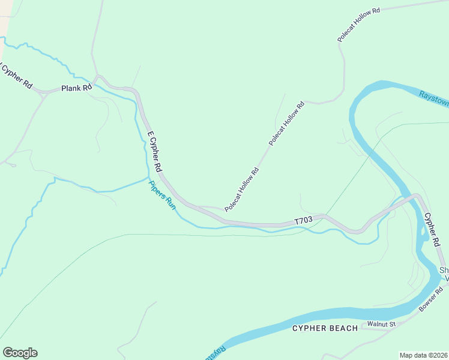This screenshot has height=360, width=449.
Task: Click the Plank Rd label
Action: click(x=76, y=88)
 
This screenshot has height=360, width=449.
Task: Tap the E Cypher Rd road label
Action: click(x=154, y=151)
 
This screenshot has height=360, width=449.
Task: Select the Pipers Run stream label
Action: click(x=162, y=196)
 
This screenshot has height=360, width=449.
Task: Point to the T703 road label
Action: click(x=304, y=221)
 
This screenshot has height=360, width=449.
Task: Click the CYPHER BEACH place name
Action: click(x=325, y=328)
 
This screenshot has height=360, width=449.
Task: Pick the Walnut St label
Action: click(x=382, y=324)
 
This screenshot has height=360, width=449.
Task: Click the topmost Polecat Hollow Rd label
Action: click(x=359, y=25)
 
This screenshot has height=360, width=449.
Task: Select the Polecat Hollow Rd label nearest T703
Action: click(x=241, y=190)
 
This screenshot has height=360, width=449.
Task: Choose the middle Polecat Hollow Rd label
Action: click(x=287, y=124)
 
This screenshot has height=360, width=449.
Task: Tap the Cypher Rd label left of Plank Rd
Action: click(x=16, y=76)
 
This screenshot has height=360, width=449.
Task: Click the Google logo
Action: click(x=20, y=353)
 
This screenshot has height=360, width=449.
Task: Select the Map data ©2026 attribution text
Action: click(x=423, y=355)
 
